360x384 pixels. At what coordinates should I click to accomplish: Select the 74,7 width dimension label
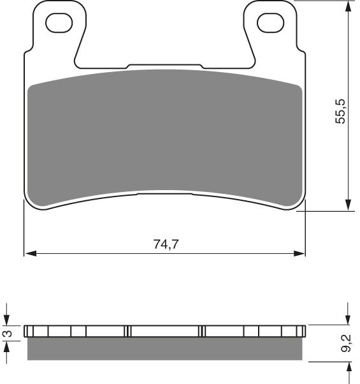(x=165, y=244)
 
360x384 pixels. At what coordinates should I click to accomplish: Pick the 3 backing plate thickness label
(x=8, y=332)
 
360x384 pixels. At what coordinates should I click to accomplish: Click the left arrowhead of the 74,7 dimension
(x=29, y=255)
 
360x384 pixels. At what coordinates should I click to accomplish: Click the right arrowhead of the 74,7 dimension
(x=301, y=255)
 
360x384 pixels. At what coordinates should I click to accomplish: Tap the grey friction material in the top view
(x=165, y=137)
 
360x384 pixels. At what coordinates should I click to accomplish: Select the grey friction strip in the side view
(x=165, y=348)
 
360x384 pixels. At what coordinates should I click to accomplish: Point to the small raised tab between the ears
(x=165, y=66)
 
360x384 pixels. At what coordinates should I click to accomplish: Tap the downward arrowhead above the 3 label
(x=8, y=321)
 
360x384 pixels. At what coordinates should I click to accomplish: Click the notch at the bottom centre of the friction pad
(x=165, y=192)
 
